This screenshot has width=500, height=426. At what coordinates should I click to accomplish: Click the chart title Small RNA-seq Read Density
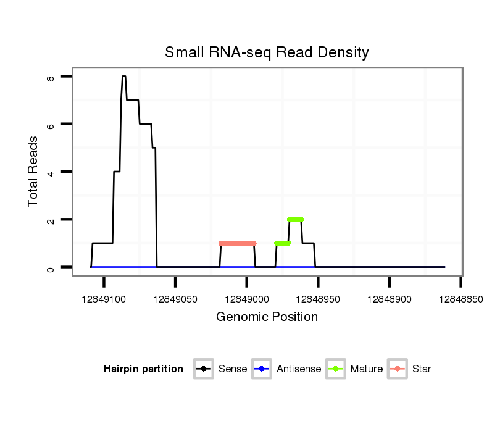tap(267, 52)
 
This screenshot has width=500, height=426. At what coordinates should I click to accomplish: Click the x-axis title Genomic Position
tap(267, 317)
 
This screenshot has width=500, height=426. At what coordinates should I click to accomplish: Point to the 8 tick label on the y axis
tap(51, 77)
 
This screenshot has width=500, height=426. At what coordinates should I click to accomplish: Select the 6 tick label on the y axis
tap(51, 125)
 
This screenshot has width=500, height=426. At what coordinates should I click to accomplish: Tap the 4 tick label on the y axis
tap(51, 172)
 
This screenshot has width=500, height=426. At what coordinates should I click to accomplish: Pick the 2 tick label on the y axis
tap(51, 220)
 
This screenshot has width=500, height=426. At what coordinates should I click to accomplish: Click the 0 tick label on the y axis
tap(51, 267)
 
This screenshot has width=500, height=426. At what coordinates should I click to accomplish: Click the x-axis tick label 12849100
tap(104, 299)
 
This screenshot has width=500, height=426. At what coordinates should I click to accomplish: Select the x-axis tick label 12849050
tap(175, 299)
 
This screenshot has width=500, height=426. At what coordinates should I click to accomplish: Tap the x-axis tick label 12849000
tap(247, 299)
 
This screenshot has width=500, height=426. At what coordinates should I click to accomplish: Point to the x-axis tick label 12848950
tap(319, 299)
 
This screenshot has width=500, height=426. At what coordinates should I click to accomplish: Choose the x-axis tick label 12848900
tap(390, 299)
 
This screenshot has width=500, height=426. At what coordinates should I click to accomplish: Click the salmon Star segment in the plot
tap(238, 243)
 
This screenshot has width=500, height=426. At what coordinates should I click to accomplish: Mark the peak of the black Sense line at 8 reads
tap(124, 77)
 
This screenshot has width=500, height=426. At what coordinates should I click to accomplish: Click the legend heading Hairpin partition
tap(143, 369)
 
